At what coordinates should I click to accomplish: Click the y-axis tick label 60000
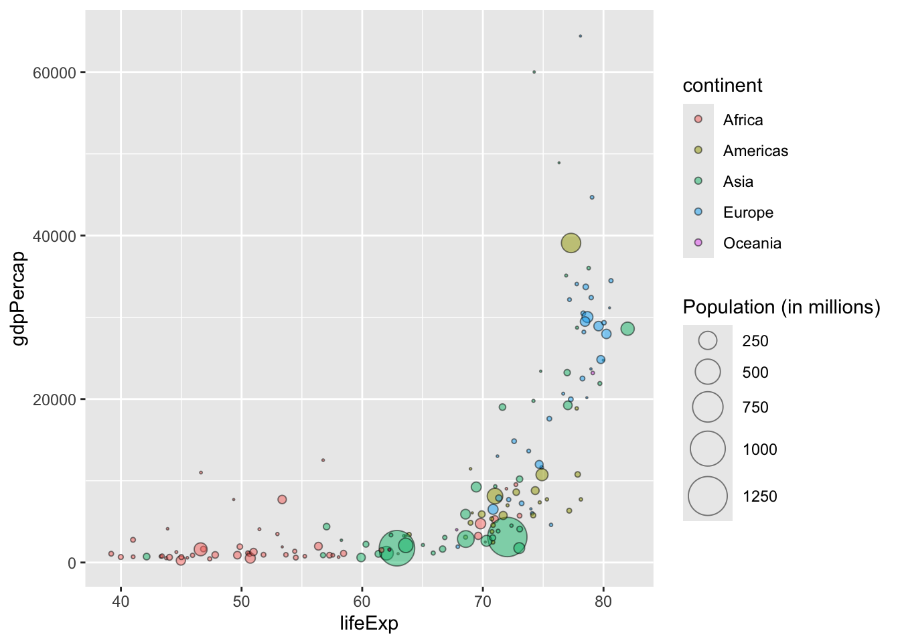coord(54,72)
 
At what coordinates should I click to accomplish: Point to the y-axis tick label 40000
coord(54,236)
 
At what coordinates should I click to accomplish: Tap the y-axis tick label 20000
coord(54,399)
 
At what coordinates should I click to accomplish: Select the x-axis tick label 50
coord(241,601)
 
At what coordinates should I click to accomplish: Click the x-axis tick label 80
coord(603,601)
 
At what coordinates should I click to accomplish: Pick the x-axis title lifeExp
coord(369,624)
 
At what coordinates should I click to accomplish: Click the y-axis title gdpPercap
coord(20,298)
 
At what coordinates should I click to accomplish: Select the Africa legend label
coord(743,120)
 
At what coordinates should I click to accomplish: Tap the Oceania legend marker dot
coord(698,242)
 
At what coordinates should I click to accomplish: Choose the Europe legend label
coord(748,212)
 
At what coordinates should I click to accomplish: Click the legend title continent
coord(723,86)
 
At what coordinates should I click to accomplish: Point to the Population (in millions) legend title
coord(781,307)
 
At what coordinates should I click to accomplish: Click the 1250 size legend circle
coord(708,496)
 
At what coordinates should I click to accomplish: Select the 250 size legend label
coord(755,341)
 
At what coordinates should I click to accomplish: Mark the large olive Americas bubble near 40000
coord(571,243)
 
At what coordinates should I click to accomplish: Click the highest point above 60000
coord(580,36)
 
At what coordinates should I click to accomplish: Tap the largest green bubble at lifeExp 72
coord(508,537)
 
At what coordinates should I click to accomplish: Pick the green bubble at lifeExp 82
coord(627,329)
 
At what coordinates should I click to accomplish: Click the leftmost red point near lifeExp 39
coord(111,554)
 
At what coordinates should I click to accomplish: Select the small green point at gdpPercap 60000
coord(534,72)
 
